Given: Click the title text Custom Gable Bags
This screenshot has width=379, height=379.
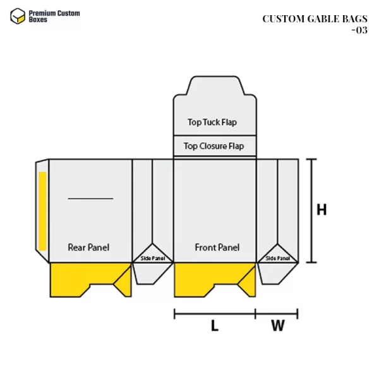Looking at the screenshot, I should coord(315,18).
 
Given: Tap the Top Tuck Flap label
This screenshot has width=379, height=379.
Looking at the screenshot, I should coord(212,122).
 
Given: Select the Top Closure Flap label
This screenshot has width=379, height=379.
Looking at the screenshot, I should coord(214,146).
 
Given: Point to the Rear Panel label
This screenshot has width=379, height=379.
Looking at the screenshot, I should coord(88,247).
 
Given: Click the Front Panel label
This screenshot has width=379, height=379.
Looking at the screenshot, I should coord(217,247).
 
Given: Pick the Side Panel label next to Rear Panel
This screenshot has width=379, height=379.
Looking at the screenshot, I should coord(152,258).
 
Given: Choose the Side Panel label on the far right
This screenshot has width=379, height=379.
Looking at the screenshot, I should coord(278,258).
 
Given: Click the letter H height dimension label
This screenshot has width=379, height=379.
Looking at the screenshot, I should coord(322,210).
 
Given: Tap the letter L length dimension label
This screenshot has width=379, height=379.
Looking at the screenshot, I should coord(214,326).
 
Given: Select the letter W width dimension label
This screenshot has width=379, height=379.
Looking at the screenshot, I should coord(277,326).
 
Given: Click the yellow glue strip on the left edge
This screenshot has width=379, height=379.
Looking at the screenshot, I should coord(42,209).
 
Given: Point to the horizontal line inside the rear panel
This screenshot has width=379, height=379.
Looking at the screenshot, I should coord(90,198).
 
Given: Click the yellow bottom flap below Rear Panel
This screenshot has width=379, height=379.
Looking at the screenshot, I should coord(82,276).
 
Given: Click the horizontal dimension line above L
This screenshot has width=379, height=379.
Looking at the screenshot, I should coord(215,313).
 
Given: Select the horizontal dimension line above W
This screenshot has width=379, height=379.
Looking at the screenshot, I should coord(277,313).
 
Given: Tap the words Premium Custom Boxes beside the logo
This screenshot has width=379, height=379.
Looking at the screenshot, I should coord(56,16).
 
